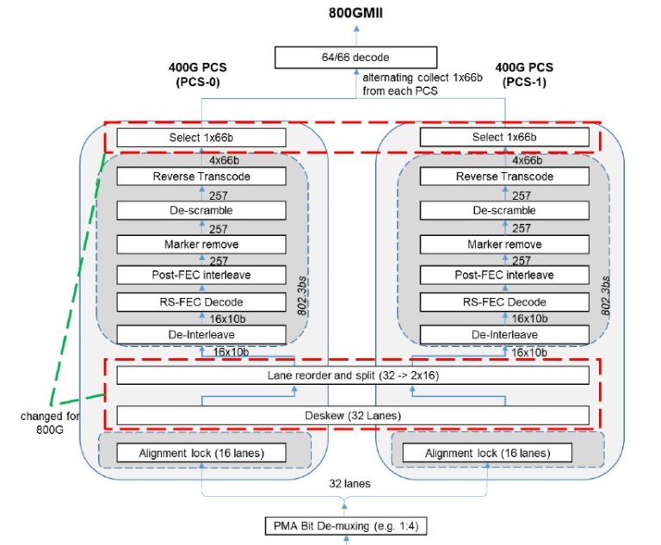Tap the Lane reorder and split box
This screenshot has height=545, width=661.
pyautogui.click(x=352, y=375)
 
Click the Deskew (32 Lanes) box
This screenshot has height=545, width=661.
pyautogui.click(x=352, y=415)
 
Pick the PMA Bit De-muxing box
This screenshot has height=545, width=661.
pyautogui.click(x=347, y=525)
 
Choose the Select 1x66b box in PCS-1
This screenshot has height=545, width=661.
pyautogui.click(x=503, y=138)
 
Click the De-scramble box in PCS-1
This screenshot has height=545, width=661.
pyautogui.click(x=503, y=210)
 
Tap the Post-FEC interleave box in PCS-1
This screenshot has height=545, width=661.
pyautogui.click(x=503, y=275)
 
